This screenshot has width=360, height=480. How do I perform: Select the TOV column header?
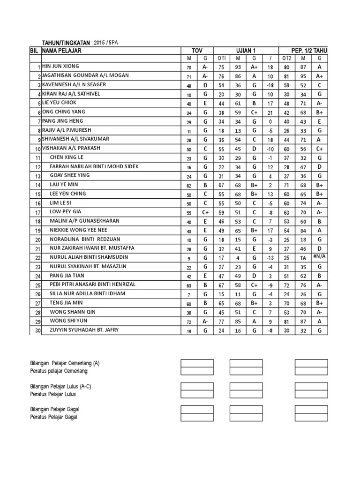197,50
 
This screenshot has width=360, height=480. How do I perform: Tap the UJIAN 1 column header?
246,50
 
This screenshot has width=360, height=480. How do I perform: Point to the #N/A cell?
319,257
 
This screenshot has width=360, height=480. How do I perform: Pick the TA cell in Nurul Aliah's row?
303,258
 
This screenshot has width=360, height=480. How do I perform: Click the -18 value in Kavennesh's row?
270,85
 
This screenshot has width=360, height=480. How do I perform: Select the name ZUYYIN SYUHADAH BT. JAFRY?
84,330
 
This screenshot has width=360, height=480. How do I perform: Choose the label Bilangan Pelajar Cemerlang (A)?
65,363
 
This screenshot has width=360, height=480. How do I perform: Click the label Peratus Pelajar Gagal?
54,416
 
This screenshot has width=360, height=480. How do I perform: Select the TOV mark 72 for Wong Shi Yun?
189,321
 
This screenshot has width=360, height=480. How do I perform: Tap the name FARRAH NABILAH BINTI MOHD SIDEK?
94,166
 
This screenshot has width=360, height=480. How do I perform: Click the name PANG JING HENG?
63,120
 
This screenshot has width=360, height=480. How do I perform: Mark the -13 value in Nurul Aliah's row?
270,258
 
